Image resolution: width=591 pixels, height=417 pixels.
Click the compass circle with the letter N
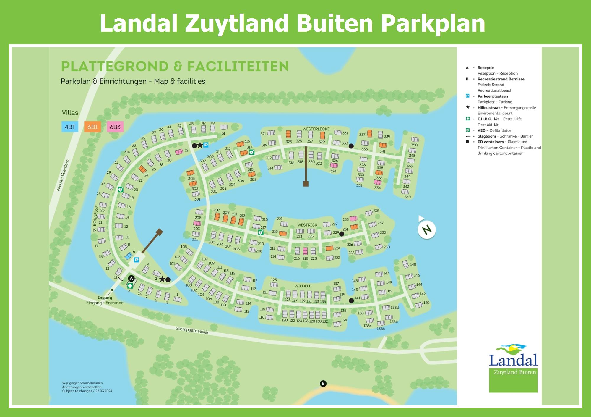click(427, 230)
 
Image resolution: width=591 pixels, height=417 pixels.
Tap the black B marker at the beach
click(323, 384)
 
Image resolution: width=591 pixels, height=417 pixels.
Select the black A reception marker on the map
click(131, 278)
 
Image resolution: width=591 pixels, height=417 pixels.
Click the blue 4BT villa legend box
click(70, 127)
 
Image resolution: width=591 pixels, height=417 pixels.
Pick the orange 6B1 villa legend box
click(92, 127)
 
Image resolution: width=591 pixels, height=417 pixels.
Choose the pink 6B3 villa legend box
click(115, 127)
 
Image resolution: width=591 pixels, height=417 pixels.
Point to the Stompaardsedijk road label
click(192, 330)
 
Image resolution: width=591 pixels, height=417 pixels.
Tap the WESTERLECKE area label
click(316, 129)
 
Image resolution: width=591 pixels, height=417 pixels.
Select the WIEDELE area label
click(303, 286)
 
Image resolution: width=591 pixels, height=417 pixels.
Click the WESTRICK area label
click(307, 225)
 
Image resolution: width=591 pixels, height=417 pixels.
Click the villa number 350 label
click(414, 145)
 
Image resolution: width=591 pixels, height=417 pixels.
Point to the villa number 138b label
click(381, 329)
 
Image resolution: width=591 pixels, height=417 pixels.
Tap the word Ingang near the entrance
click(105, 298)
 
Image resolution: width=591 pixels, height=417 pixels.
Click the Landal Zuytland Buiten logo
click(513, 368)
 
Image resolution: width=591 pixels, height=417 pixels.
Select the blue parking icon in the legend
click(467, 96)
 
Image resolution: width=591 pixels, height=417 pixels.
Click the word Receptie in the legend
click(486, 68)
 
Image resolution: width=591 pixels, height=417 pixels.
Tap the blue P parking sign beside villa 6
click(136, 260)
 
